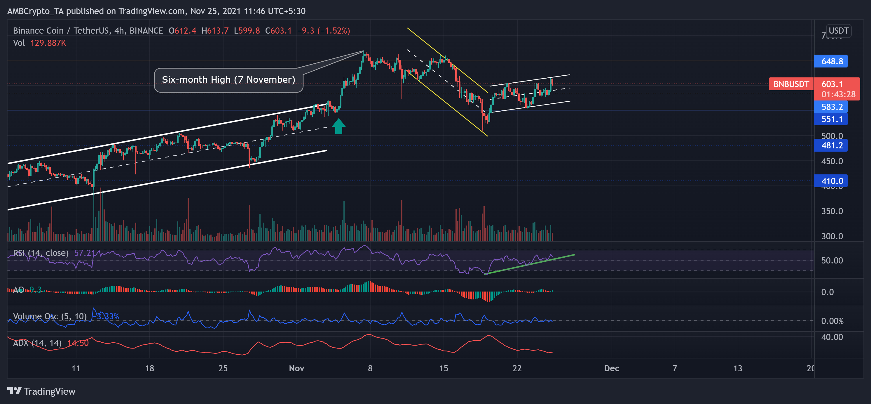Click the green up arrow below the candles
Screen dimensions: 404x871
click(x=338, y=126)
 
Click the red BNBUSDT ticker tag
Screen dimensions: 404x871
click(x=791, y=84)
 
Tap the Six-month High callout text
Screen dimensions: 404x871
click(x=228, y=79)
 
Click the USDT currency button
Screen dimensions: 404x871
click(x=838, y=31)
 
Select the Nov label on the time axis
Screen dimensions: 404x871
click(x=296, y=368)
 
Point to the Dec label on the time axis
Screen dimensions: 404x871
click(x=611, y=368)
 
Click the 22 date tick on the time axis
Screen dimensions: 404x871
click(x=517, y=368)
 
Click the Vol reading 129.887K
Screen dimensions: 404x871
click(x=48, y=43)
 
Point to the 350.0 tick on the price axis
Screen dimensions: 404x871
click(x=832, y=211)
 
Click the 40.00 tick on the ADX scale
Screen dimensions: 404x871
click(x=832, y=337)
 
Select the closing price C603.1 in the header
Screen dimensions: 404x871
click(x=278, y=31)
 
